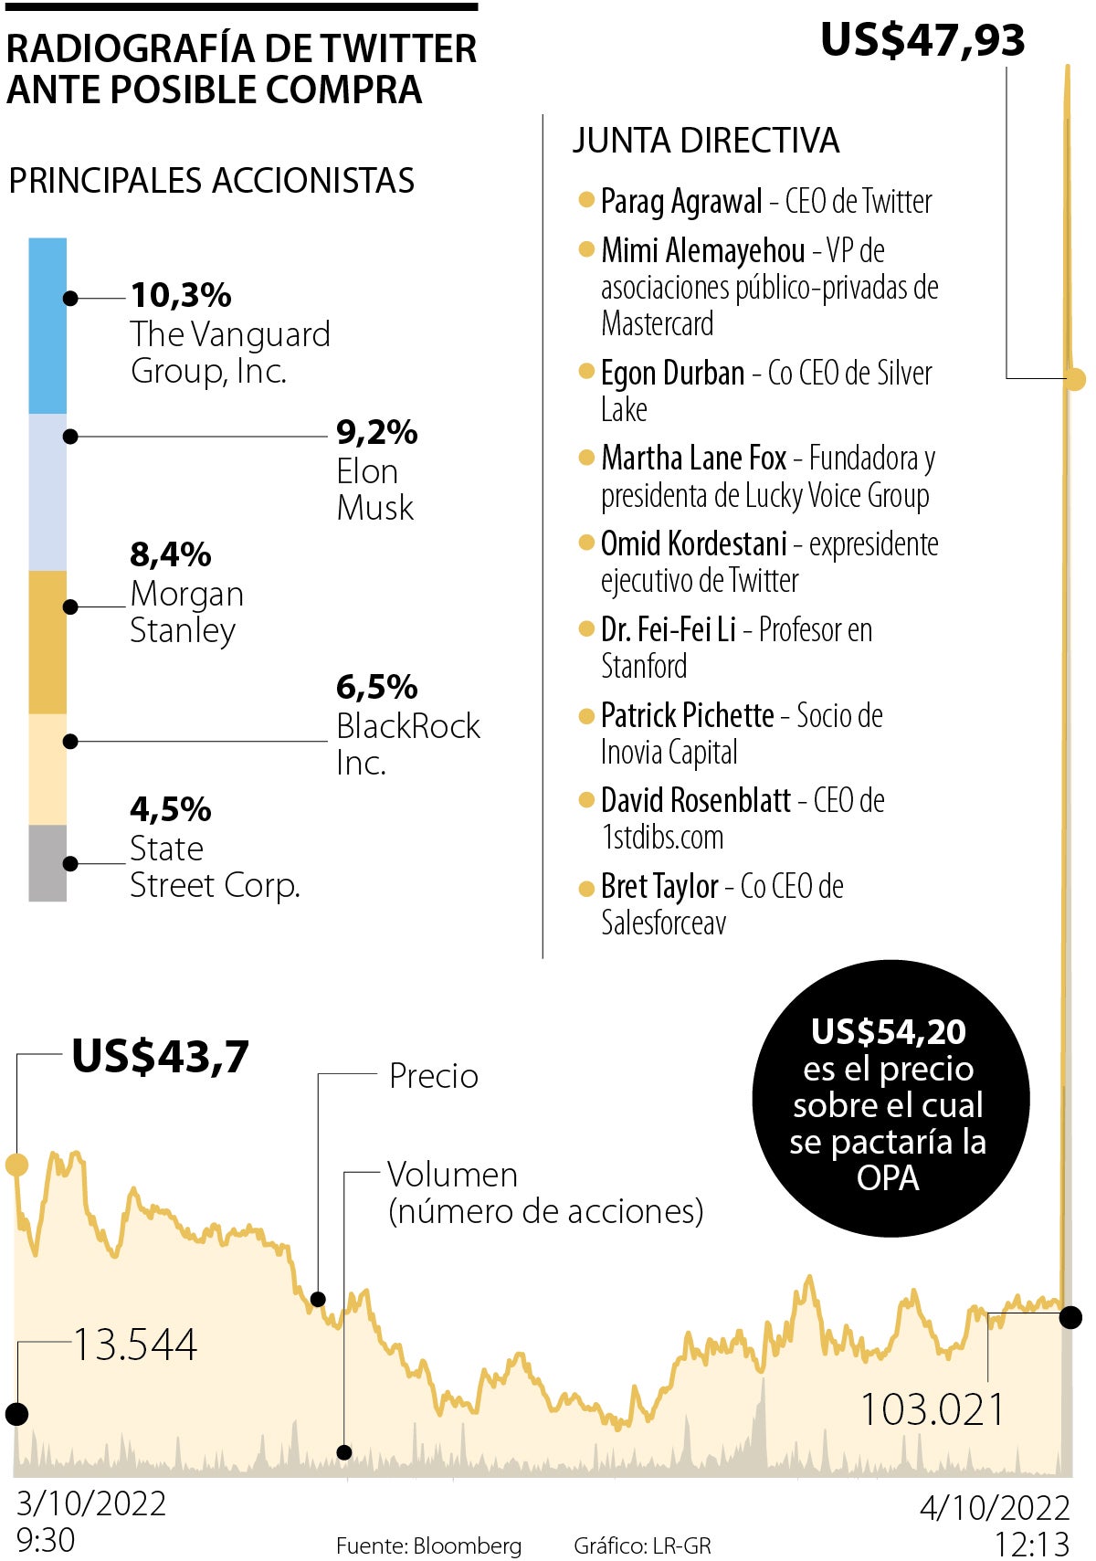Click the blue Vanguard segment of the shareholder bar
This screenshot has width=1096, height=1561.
pyautogui.click(x=47, y=325)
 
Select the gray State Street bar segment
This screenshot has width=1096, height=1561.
pyautogui.click(x=47, y=863)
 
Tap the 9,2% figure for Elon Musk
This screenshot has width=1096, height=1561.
pyautogui.click(x=376, y=432)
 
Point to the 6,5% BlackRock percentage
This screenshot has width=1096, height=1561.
pyautogui.click(x=376, y=686)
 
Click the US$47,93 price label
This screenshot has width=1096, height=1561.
pyautogui.click(x=922, y=41)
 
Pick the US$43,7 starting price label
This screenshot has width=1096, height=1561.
pyautogui.click(x=161, y=1057)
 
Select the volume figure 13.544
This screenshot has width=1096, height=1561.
pyautogui.click(x=135, y=1345)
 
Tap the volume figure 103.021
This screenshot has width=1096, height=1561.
pyautogui.click(x=933, y=1409)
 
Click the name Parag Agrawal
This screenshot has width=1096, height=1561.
pyautogui.click(x=681, y=202)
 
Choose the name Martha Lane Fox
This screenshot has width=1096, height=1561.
pyautogui.click(x=693, y=458)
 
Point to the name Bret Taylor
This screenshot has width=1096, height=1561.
pyautogui.click(x=659, y=886)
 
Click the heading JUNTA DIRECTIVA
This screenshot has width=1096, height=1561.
pyautogui.click(x=706, y=141)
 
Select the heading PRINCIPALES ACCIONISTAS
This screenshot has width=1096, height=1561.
pyautogui.click(x=212, y=181)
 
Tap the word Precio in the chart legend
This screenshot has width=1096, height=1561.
pyautogui.click(x=434, y=1076)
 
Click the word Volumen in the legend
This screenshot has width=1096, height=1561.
pyautogui.click(x=452, y=1175)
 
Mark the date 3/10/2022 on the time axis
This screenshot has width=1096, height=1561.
pyautogui.click(x=91, y=1503)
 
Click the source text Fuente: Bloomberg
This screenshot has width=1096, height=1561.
pyautogui.click(x=429, y=1545)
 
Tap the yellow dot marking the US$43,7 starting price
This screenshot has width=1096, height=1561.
pyautogui.click(x=16, y=1165)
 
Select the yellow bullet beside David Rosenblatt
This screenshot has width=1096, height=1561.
pyautogui.click(x=587, y=801)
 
